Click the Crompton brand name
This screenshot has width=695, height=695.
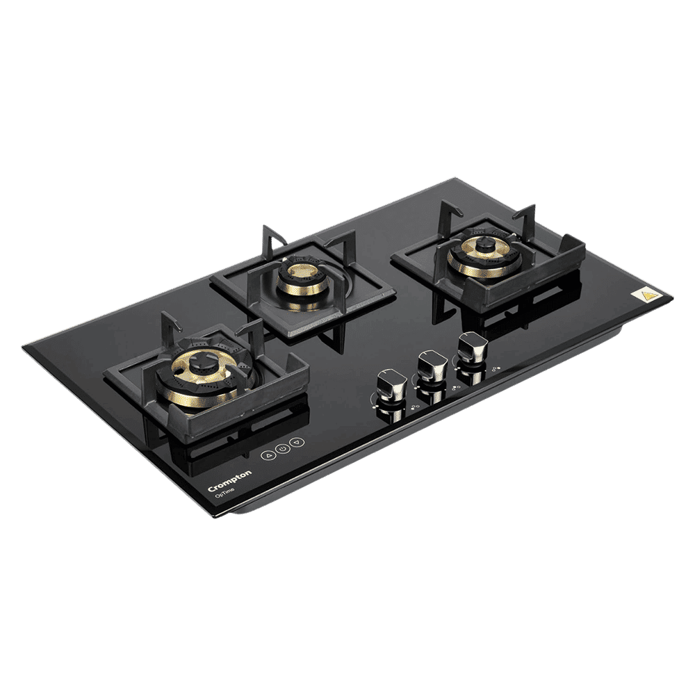(x=229, y=480)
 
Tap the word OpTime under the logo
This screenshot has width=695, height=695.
(x=224, y=491)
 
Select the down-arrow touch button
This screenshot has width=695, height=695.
(x=296, y=441)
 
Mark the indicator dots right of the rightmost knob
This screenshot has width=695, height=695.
(x=496, y=369)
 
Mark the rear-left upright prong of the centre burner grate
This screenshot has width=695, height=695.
(x=266, y=236)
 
